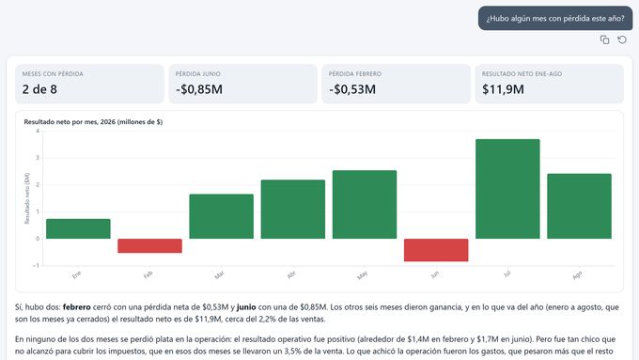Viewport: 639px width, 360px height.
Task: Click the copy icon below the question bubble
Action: coord(604,39)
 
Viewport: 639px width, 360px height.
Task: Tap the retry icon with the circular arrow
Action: coord(622,39)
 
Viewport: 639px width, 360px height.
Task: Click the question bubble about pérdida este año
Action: coord(555,19)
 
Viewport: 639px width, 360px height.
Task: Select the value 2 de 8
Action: coord(39,89)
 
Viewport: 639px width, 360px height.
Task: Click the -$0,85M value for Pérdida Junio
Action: coord(199,89)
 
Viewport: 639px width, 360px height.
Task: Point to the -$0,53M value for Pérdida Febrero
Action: coord(352,89)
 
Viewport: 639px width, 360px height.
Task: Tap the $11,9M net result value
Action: coord(503,89)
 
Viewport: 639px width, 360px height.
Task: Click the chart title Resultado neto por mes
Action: coord(93,122)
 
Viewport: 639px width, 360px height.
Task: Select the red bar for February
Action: coord(150,246)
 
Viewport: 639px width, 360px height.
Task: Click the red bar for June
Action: coord(436,250)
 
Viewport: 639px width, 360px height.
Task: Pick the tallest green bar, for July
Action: coord(507,189)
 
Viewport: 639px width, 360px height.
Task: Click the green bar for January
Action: coord(78,228)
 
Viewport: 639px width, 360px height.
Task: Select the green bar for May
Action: coord(365,205)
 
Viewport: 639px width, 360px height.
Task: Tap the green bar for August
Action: coord(579,206)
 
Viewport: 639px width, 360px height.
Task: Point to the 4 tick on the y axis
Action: coord(38,131)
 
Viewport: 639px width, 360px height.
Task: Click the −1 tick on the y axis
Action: coord(37,265)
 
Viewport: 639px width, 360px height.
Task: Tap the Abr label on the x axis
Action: coord(291,275)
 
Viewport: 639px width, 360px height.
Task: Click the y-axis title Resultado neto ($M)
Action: coord(27,198)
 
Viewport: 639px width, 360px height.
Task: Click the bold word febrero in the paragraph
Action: coord(77,307)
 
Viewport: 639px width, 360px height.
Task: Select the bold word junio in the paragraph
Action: coord(246,307)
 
